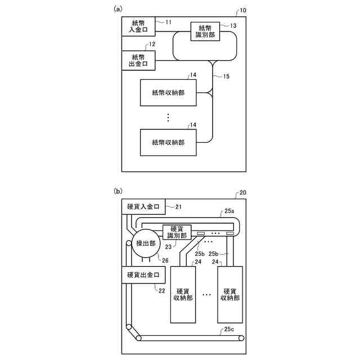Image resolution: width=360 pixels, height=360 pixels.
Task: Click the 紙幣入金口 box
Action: [x=138, y=26]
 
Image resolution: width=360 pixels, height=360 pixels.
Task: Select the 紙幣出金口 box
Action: [x=138, y=60]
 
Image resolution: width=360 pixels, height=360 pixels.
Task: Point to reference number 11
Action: [x=169, y=21]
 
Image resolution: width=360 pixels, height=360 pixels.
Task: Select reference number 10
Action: [x=242, y=11]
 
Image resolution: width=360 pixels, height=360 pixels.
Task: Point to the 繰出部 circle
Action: [x=146, y=243]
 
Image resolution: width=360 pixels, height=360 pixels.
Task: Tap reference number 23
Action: [x=167, y=246]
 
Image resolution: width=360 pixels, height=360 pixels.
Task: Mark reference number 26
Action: [x=165, y=260]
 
